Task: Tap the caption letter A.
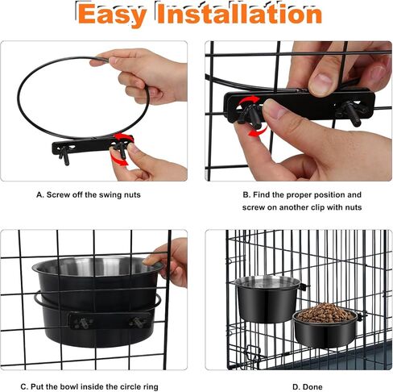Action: (x=39, y=194)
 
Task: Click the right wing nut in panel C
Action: (x=137, y=322)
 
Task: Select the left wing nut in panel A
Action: (x=65, y=153)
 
